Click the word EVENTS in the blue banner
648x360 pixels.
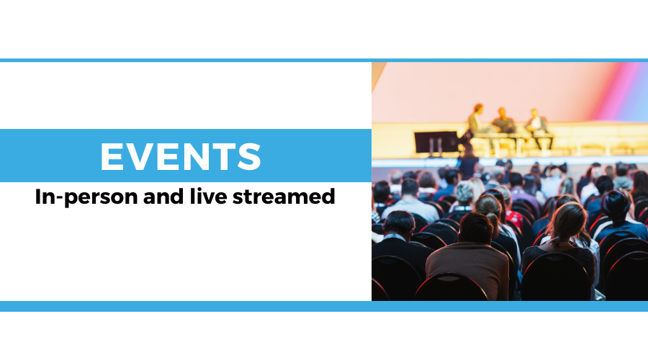point(181,156)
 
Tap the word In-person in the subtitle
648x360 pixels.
point(86,197)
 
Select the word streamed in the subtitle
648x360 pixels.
point(284,197)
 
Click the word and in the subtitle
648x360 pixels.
point(163,197)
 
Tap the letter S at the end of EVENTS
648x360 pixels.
point(250,156)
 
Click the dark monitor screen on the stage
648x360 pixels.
point(436,142)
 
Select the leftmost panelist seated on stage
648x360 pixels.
point(476,122)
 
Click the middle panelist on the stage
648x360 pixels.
point(503,122)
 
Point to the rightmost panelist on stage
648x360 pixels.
point(538,126)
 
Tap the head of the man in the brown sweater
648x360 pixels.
point(476,228)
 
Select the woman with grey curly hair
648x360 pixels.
point(464,195)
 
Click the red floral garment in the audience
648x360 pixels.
point(515,219)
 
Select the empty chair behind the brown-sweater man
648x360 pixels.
point(451,287)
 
